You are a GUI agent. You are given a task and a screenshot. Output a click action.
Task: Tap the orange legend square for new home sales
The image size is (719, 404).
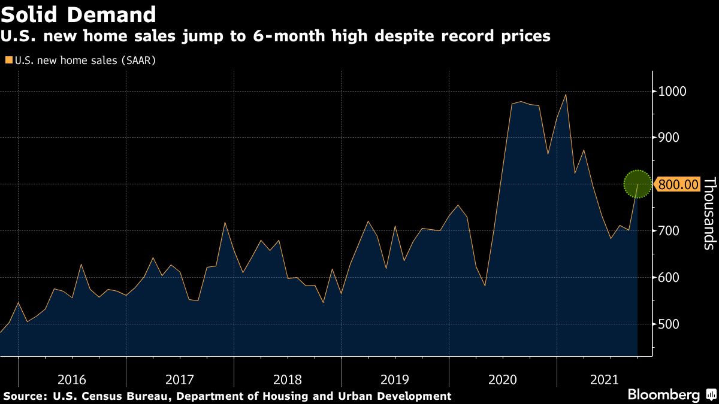pos(8,60)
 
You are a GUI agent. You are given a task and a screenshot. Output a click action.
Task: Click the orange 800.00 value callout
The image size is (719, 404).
pos(678,184)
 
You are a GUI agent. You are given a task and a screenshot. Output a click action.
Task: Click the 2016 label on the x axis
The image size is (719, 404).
pos(72,379)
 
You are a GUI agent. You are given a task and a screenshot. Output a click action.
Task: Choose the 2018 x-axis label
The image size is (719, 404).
pos(287,379)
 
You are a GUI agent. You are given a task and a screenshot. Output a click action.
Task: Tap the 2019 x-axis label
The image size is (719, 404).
pos(395,379)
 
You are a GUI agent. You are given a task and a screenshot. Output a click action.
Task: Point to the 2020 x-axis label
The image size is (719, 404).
pos(503,379)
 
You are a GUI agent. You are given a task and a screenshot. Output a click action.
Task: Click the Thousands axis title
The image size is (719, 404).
pos(709,213)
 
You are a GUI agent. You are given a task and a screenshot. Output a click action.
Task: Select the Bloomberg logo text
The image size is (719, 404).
pos(663,395)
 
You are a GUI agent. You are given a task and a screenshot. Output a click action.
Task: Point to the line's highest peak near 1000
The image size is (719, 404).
pos(566,95)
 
